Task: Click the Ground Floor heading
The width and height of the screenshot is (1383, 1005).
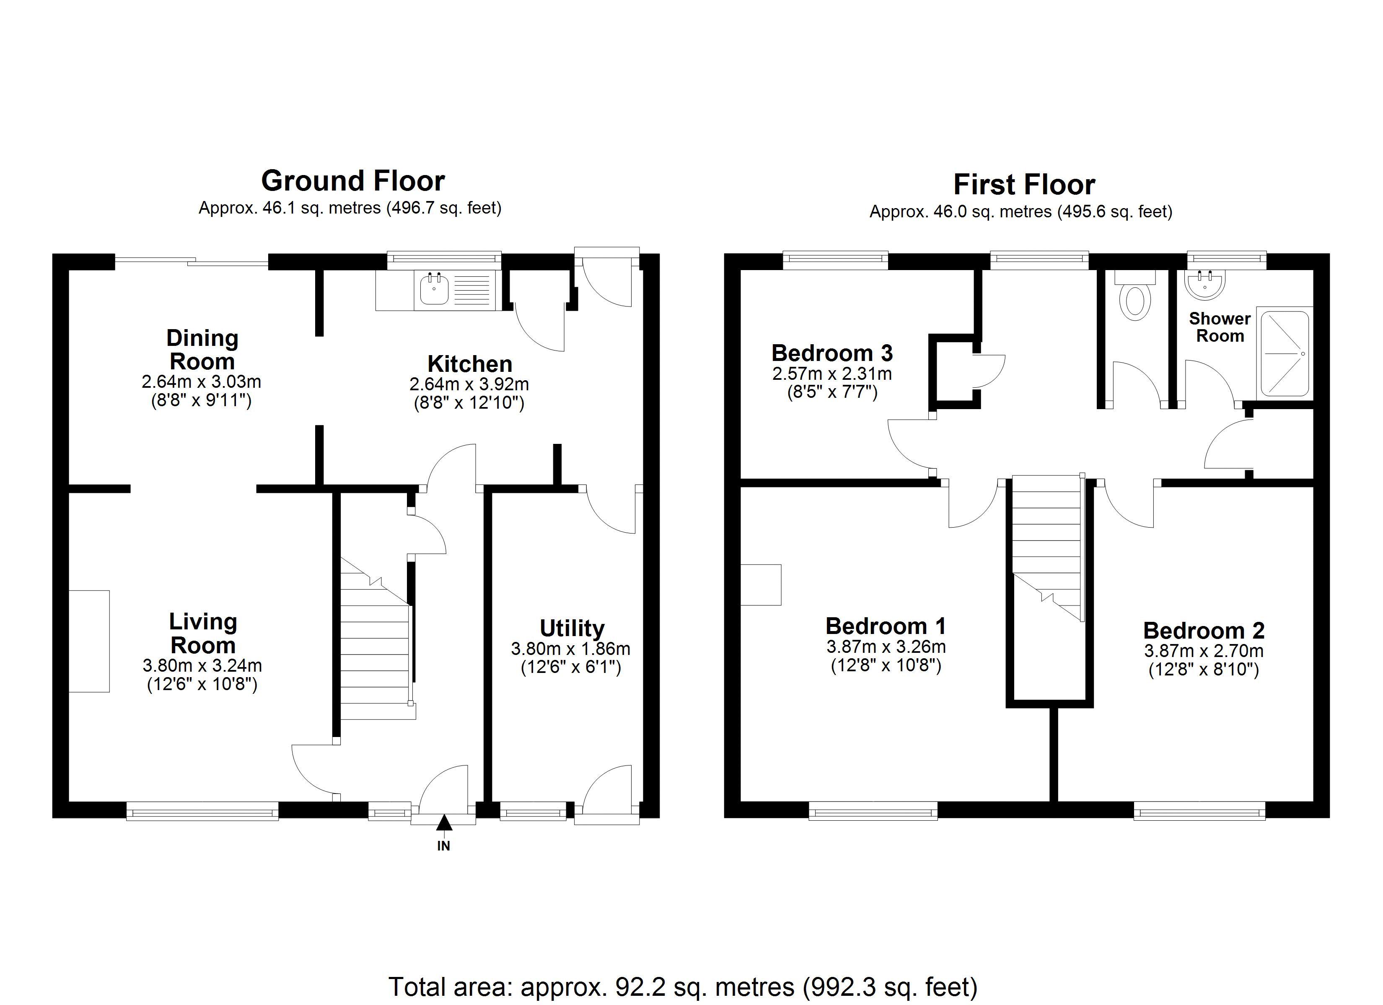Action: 352,181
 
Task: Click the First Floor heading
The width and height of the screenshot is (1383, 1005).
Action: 1024,185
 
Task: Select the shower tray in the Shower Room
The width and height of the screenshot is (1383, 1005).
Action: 1284,353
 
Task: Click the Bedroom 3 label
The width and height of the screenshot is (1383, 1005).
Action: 832,353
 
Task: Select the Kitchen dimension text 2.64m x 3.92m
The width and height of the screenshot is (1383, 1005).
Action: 469,384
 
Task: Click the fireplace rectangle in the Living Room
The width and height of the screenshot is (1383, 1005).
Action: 89,641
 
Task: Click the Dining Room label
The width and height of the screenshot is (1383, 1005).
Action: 202,349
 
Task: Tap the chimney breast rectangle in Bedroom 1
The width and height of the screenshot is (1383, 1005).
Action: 760,585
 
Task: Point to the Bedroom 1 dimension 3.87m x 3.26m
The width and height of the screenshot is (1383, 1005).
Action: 886,647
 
